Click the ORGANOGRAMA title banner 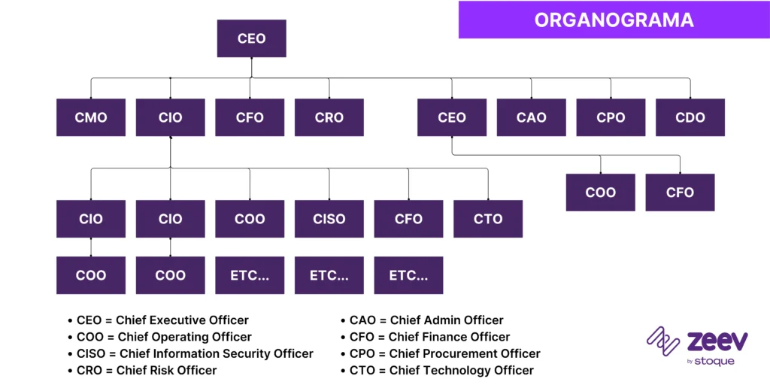coord(614,20)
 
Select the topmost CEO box coord(251,38)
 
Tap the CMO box coord(91,117)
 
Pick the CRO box coord(329,117)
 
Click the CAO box coord(531,117)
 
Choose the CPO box coord(611,117)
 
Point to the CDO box coord(690,117)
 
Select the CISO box coord(329,219)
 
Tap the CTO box coord(488,219)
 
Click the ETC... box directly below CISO coord(329,275)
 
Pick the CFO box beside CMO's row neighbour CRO coord(250,117)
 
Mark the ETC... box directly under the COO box coord(250,275)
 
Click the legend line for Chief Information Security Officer coord(194,353)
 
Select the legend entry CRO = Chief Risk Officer coord(146,370)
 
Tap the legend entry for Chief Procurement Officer coord(444,353)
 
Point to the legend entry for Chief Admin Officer coord(426,320)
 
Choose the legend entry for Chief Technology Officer coord(441,370)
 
